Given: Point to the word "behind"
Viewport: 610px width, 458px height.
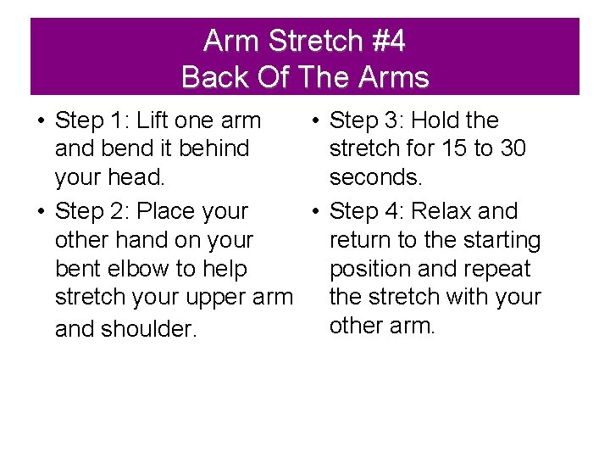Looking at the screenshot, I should [x=208, y=148].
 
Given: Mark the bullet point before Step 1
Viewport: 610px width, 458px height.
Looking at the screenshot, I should [x=41, y=121].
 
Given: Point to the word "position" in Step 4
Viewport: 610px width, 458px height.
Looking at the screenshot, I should [x=369, y=269].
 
